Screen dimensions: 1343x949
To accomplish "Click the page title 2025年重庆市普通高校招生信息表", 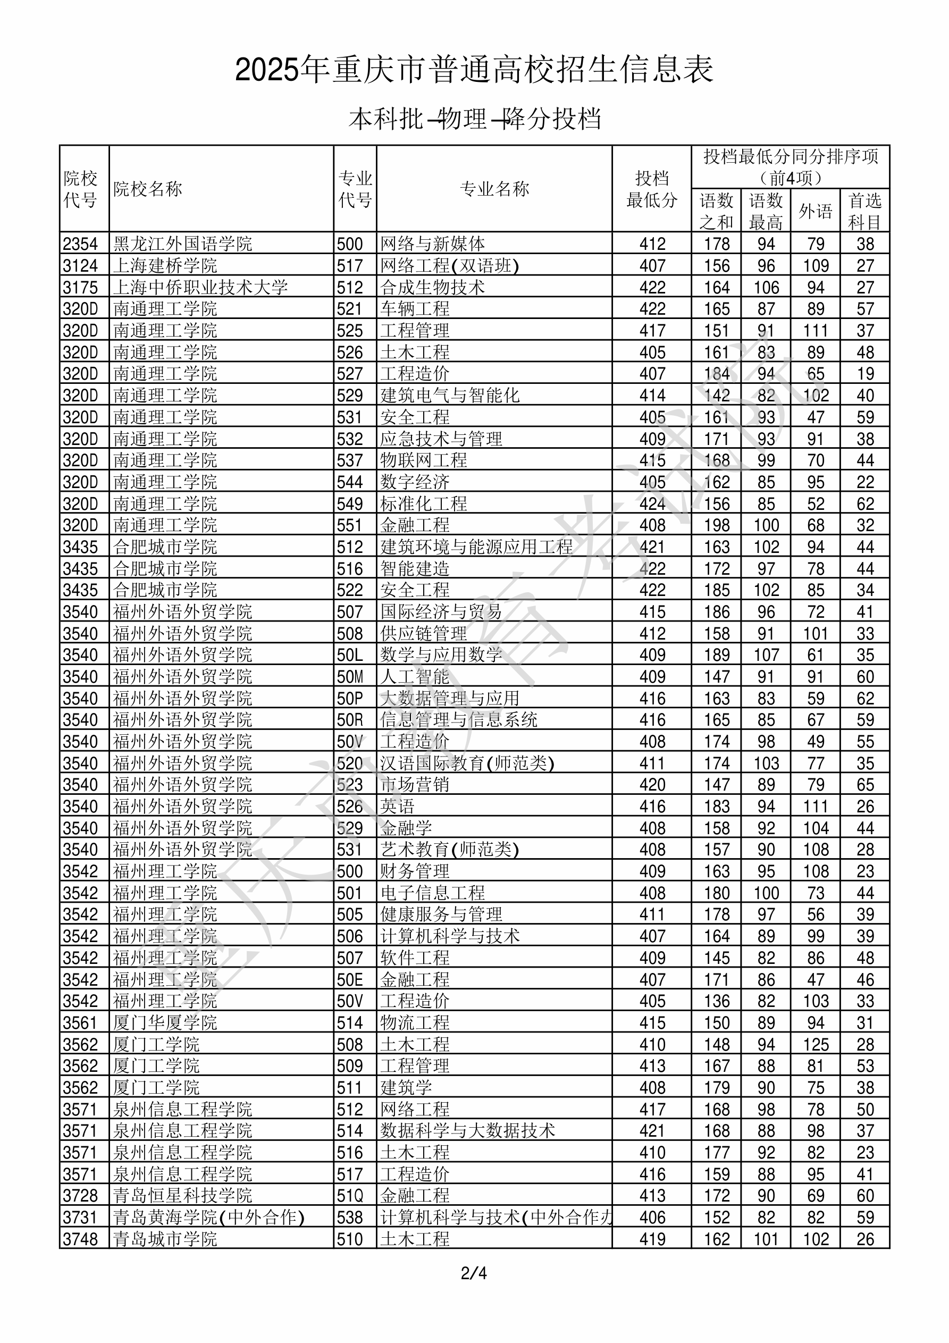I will (474, 70).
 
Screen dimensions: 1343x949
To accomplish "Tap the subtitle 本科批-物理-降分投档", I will (474, 119).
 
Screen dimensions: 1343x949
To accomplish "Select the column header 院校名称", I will (148, 189).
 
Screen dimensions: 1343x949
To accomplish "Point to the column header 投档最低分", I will (651, 189).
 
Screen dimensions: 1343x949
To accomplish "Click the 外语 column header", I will (815, 211).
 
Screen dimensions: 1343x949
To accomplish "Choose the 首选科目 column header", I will (865, 211).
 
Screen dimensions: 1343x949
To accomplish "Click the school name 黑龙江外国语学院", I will (182, 244).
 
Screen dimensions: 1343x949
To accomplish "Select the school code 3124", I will (81, 265).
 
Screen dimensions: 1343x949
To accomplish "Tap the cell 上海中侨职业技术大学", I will (200, 287).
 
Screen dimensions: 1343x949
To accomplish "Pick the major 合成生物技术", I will (432, 287).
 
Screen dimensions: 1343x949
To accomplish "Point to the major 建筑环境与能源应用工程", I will (476, 547).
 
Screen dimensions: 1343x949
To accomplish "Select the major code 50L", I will (349, 655).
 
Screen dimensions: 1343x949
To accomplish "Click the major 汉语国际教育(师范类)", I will (467, 763).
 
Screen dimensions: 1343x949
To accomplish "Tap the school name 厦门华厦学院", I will (165, 1023).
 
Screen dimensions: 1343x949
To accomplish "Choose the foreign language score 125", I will (816, 1045).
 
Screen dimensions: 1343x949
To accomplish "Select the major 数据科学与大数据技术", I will (467, 1131).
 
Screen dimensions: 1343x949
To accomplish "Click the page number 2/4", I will (474, 1273).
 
